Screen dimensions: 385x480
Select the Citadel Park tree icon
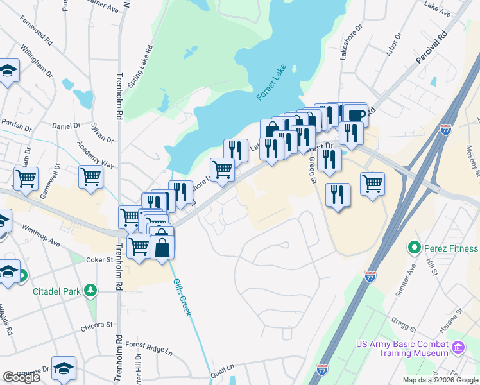pyautogui.click(x=90, y=291)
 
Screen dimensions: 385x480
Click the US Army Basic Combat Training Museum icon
pyautogui.click(x=458, y=348)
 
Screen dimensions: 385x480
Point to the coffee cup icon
pyautogui.click(x=355, y=116)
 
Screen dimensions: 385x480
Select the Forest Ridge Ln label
pyautogui.click(x=149, y=348)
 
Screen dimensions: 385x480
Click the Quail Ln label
pyautogui.click(x=226, y=367)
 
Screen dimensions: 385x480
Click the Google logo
pyautogui.click(x=21, y=377)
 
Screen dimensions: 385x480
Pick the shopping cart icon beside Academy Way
pyautogui.click(x=91, y=176)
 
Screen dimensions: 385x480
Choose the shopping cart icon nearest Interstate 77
pyautogui.click(x=372, y=184)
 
